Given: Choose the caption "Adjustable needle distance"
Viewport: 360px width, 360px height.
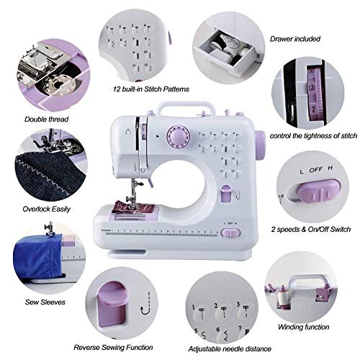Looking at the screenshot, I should [224, 348].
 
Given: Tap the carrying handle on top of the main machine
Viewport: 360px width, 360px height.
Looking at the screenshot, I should [182, 107].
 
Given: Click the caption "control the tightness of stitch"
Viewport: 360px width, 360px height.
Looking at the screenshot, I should [313, 136].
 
